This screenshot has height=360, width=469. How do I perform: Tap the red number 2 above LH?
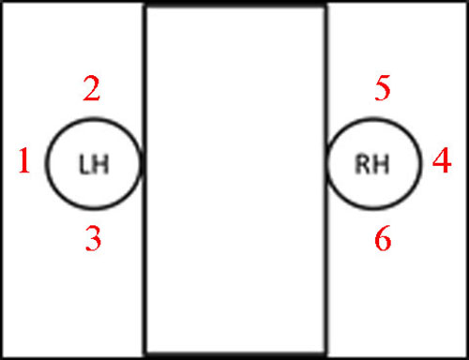[x=92, y=90]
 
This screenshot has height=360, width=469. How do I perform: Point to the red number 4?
[x=442, y=164]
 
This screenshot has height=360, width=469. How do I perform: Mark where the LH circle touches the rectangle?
[x=143, y=165]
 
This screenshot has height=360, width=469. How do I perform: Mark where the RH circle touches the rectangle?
[x=326, y=165]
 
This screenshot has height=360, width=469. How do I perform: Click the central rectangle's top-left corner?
[x=144, y=6]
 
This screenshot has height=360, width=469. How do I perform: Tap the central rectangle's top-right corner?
[x=325, y=6]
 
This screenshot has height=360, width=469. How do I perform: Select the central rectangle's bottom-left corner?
[x=144, y=354]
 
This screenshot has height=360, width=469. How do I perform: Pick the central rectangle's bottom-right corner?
[x=325, y=354]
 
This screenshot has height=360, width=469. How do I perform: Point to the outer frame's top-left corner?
[x=2, y=2]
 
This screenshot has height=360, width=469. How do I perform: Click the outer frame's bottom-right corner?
[x=466, y=357]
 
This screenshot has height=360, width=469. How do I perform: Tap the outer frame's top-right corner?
[x=466, y=2]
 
